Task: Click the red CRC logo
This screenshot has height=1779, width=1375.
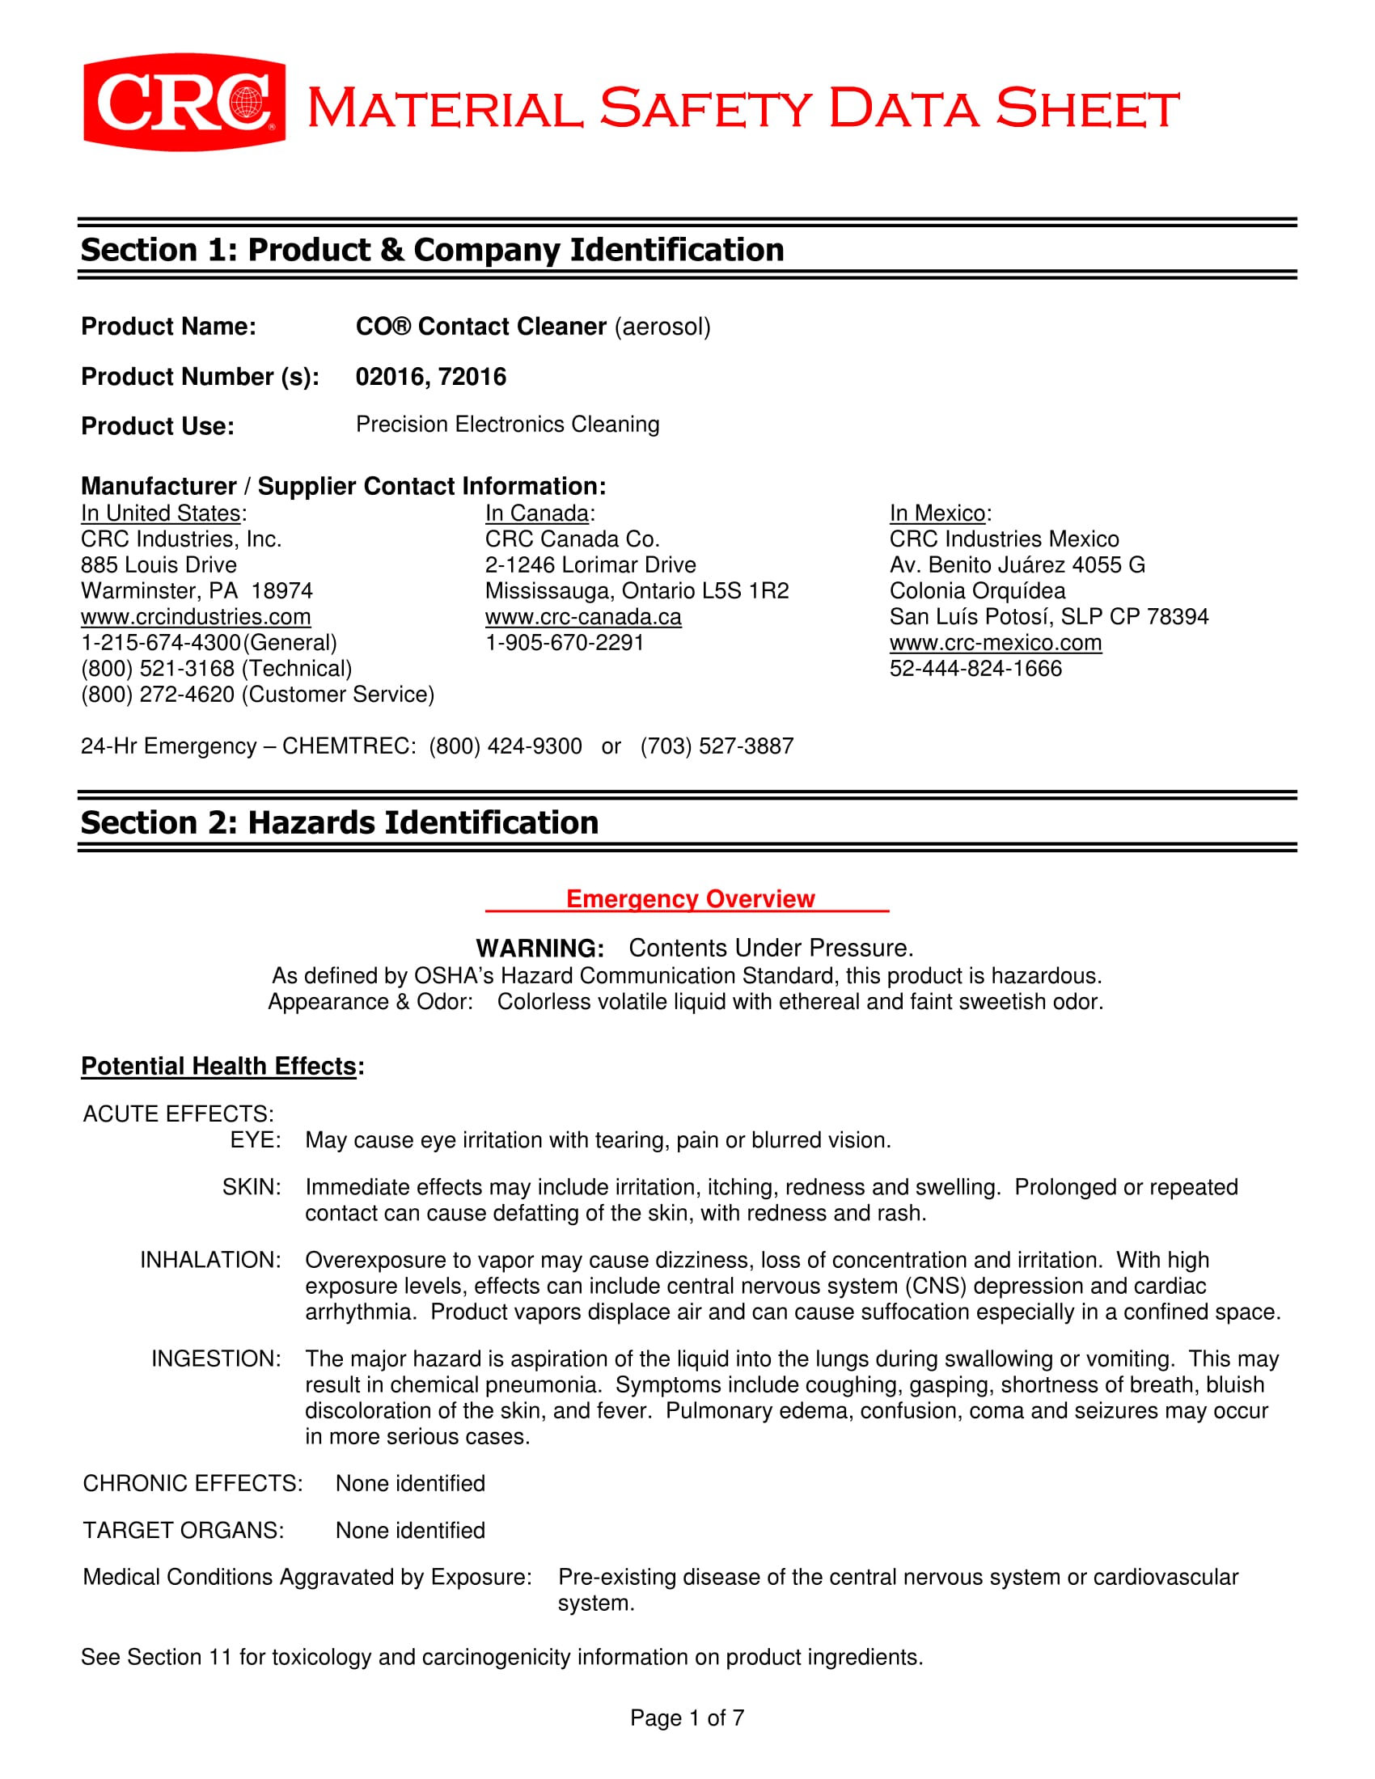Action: point(184,103)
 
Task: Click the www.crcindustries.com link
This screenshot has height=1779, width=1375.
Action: point(196,617)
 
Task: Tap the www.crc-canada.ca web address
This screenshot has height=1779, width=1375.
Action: point(583,617)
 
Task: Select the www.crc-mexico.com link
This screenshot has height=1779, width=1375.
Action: point(996,643)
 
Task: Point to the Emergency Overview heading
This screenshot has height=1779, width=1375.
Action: point(690,898)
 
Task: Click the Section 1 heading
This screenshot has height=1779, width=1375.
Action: point(432,250)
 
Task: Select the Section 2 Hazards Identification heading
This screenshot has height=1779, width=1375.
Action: point(339,822)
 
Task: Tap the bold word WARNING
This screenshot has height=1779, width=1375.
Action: point(540,949)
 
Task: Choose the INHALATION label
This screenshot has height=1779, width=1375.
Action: point(210,1260)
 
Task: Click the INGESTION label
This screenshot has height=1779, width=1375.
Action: point(216,1359)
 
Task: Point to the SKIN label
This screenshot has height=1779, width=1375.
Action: point(252,1187)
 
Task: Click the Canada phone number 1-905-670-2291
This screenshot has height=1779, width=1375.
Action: point(565,643)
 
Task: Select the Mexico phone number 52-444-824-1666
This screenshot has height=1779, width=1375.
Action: point(976,669)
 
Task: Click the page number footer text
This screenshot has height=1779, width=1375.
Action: point(687,1718)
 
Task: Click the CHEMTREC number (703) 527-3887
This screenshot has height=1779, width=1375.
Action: point(717,746)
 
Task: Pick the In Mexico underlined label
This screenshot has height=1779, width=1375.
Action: point(937,513)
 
